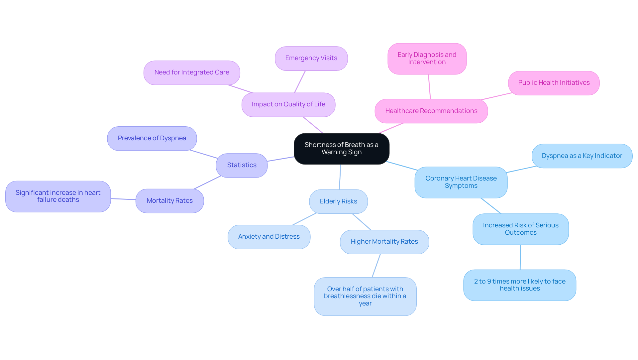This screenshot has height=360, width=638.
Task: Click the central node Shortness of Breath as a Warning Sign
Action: click(341, 149)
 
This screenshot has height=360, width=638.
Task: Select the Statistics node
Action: click(242, 165)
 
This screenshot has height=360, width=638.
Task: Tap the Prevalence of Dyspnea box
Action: click(152, 138)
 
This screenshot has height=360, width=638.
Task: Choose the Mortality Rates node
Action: click(169, 201)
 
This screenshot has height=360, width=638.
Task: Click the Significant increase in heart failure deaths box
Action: click(58, 196)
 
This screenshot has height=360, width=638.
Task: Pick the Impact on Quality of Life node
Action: click(288, 104)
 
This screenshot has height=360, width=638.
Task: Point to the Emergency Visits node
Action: click(311, 58)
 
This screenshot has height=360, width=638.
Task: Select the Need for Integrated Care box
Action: click(192, 72)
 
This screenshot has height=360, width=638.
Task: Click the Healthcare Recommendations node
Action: click(431, 111)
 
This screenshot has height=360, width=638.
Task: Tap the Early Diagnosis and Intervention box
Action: click(427, 59)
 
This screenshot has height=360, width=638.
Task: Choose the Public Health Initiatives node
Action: click(554, 83)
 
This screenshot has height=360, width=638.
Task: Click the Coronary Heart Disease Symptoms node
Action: click(461, 182)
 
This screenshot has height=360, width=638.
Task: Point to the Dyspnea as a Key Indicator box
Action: click(582, 156)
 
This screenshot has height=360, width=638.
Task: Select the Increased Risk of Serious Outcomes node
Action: click(520, 229)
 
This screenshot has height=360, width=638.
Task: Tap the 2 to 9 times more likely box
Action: click(519, 285)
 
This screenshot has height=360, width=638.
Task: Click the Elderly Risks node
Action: click(338, 201)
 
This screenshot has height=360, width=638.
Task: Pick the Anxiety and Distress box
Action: click(269, 237)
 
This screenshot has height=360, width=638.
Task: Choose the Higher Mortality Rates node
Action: click(384, 242)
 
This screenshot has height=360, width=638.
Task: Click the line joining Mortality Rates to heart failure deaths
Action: click(123, 199)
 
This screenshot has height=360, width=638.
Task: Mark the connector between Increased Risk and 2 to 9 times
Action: click(520, 257)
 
